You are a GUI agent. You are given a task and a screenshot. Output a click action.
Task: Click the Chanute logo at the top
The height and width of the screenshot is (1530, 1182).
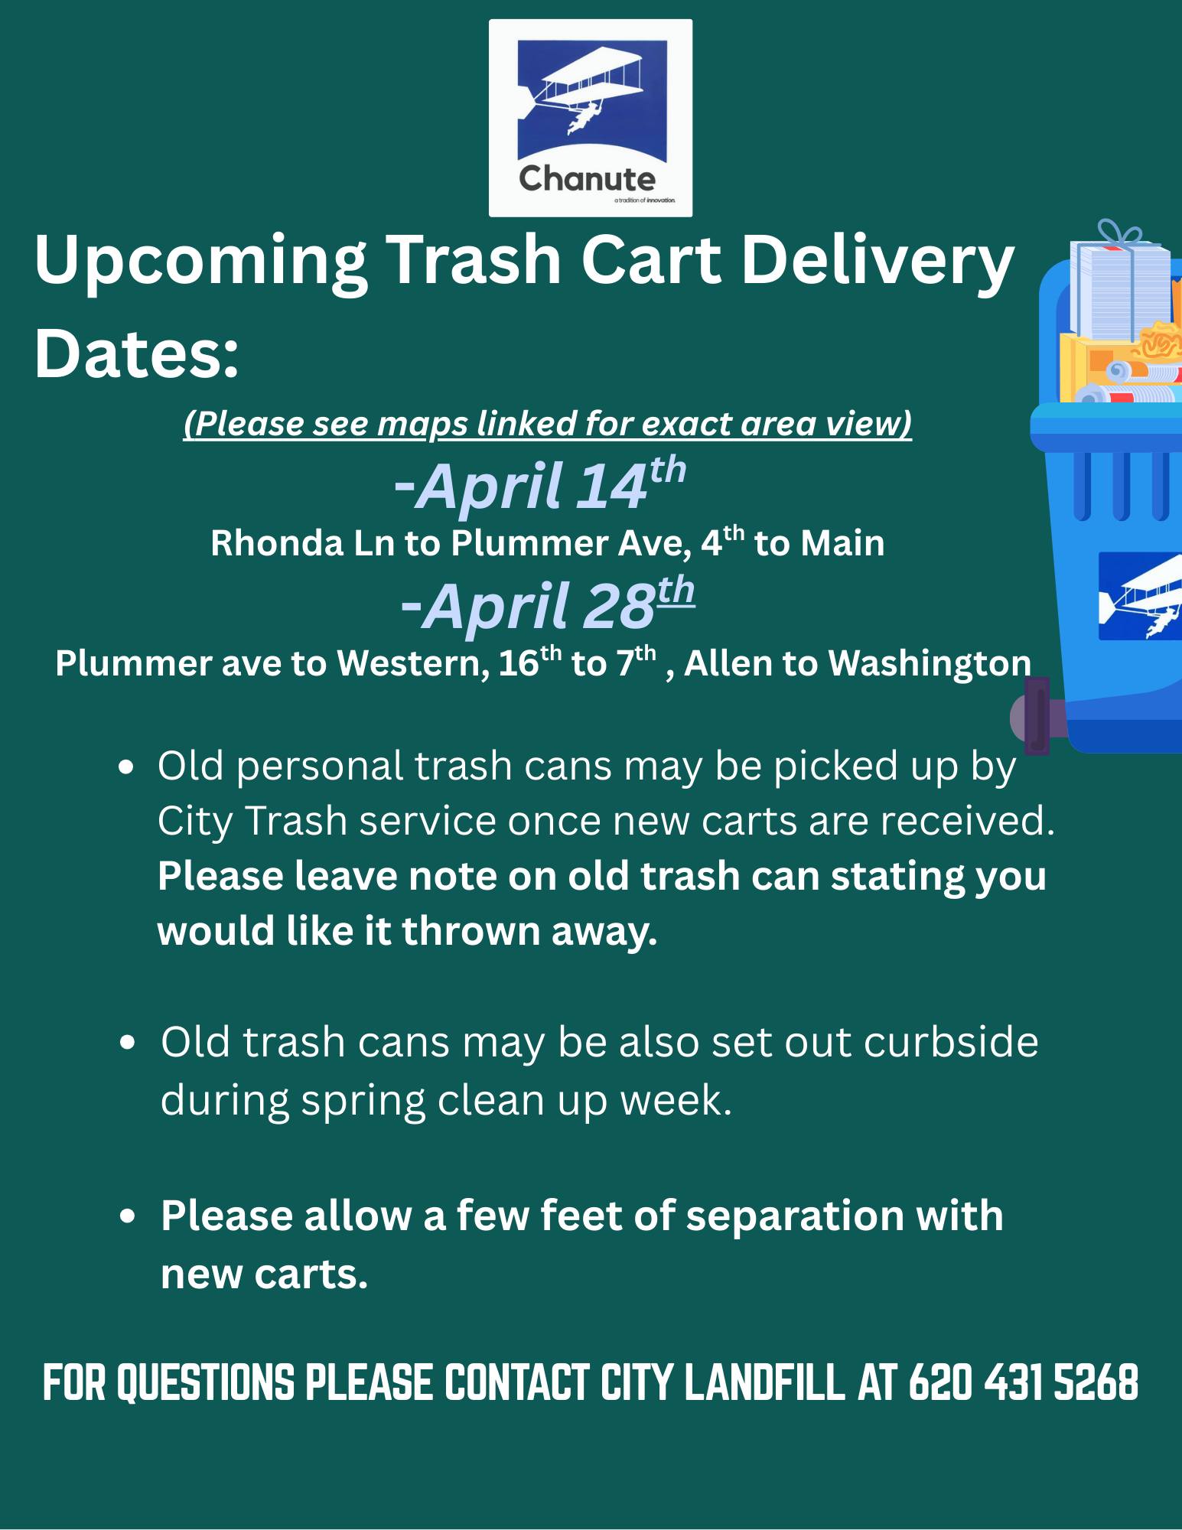click(x=590, y=118)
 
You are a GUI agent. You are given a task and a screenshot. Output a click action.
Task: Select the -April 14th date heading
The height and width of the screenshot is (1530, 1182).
click(x=539, y=485)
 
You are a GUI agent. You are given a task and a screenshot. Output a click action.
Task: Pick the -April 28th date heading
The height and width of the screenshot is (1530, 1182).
click(x=547, y=605)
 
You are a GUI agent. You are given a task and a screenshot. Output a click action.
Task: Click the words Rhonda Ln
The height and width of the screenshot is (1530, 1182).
click(x=302, y=544)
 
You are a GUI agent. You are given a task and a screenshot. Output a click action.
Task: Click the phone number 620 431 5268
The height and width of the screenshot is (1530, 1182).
click(x=1023, y=1382)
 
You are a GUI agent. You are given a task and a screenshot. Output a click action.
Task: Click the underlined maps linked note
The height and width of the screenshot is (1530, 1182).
click(x=548, y=424)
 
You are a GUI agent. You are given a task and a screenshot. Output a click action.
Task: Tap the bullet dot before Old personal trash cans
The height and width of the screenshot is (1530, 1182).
click(x=127, y=767)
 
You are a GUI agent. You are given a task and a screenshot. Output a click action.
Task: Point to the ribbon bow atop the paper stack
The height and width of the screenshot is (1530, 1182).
click(x=1119, y=233)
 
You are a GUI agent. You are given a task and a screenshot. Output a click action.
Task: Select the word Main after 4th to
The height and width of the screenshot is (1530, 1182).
click(x=842, y=544)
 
